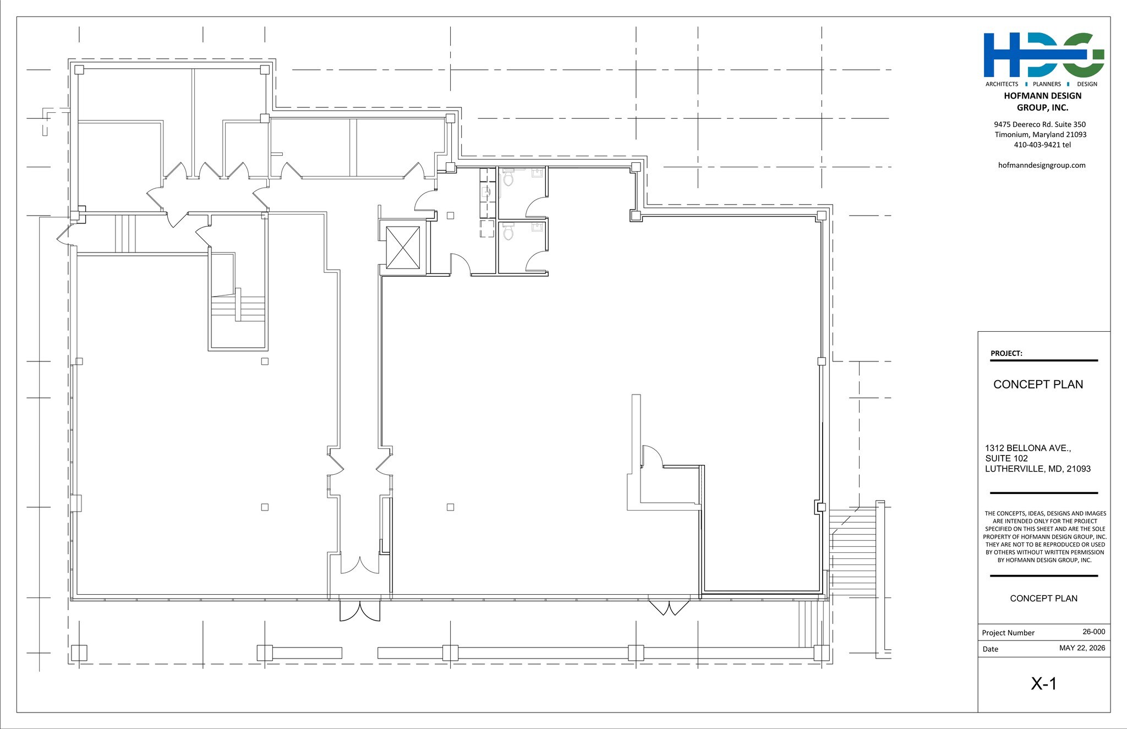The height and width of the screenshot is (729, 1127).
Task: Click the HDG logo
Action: pyautogui.click(x=1043, y=55)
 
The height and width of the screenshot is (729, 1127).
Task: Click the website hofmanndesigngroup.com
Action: pyautogui.click(x=1042, y=165)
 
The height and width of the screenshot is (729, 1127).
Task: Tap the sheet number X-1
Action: pyautogui.click(x=1043, y=684)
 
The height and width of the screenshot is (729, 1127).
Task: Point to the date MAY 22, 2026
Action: pyautogui.click(x=1082, y=648)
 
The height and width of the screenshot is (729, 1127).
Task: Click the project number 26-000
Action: pyautogui.click(x=1093, y=632)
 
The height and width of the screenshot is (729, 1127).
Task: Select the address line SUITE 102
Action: pyautogui.click(x=1006, y=458)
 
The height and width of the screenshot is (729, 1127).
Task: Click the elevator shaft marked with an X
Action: pyautogui.click(x=403, y=248)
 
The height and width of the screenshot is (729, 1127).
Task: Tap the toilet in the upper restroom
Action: pyautogui.click(x=508, y=178)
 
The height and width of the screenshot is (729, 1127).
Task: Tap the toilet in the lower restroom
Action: pyautogui.click(x=508, y=232)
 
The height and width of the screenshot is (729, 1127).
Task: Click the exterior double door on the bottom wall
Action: pyautogui.click(x=360, y=610)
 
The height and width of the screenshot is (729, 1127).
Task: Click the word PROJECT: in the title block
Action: pyautogui.click(x=1006, y=353)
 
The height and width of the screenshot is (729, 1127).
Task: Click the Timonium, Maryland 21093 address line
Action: pyautogui.click(x=1041, y=135)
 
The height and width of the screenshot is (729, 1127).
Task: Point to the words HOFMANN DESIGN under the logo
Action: pyautogui.click(x=1043, y=96)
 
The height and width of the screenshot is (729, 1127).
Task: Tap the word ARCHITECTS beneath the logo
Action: pyautogui.click(x=1002, y=84)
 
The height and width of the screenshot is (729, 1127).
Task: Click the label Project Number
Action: pyautogui.click(x=1008, y=633)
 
